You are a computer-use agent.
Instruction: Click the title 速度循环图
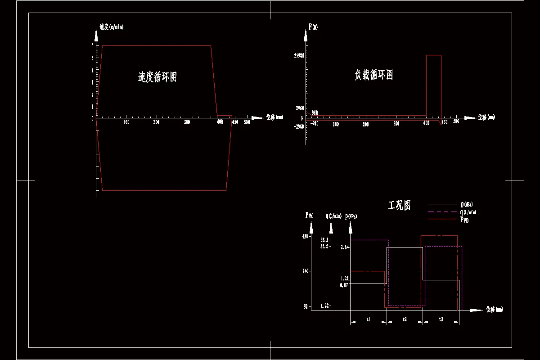point(157,77)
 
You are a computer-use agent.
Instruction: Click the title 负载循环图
point(373,75)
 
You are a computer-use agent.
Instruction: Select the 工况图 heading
point(399,206)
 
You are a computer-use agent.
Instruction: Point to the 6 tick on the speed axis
point(92,45)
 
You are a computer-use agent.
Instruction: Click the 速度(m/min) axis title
point(111,27)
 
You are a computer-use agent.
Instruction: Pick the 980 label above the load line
point(315,112)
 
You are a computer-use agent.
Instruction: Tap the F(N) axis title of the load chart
point(313,27)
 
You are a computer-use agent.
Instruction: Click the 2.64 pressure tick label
point(345,247)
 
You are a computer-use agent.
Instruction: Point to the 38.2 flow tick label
point(325,240)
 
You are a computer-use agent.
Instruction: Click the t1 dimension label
point(369,319)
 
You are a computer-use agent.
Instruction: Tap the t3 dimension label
point(441,319)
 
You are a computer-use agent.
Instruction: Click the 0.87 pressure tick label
point(344,285)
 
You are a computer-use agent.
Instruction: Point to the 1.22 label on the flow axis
point(325,306)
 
